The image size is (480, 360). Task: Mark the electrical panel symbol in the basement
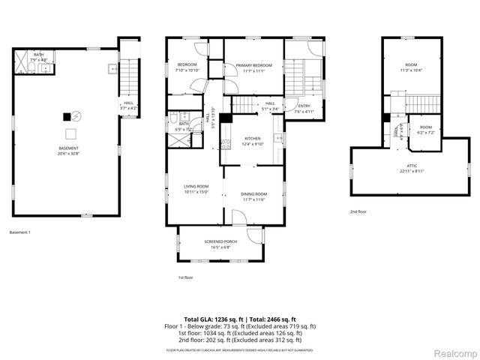(67, 116)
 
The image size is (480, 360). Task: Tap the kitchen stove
(278, 138)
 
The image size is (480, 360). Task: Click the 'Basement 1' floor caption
(20, 233)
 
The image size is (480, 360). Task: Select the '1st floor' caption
(186, 277)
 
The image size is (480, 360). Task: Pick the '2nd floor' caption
(359, 211)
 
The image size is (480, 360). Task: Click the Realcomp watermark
(454, 353)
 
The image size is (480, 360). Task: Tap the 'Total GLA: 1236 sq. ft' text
(214, 319)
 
